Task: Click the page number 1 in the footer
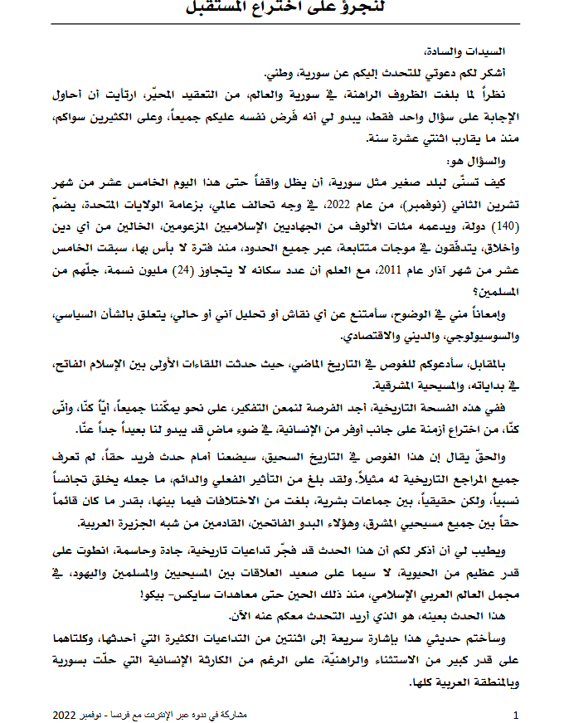click(516, 714)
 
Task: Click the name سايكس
click(197, 593)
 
